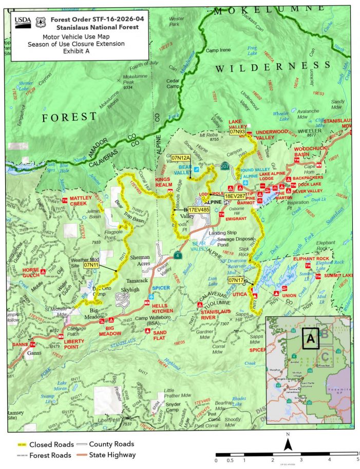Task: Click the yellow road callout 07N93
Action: [237, 132]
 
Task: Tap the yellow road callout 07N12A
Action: [181, 157]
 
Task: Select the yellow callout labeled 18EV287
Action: [234, 196]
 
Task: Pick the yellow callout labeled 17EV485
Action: [199, 210]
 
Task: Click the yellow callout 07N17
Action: [236, 280]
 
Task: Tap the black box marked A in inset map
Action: [310, 339]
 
